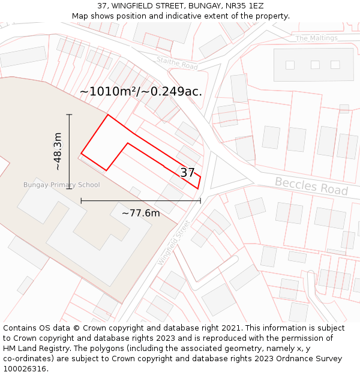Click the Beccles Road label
tap(311, 185)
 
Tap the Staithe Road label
tap(177, 62)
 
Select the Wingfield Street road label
tap(174, 242)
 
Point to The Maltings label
tap(316, 38)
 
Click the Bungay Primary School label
tap(61, 185)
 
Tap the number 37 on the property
tap(187, 172)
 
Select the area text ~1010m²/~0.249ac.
tap(141, 92)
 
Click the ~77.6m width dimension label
tap(141, 213)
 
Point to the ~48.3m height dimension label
tap(58, 151)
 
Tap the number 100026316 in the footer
tap(25, 369)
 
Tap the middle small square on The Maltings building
tap(315, 65)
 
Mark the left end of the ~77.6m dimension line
tap(81, 200)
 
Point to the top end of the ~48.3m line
tap(69, 115)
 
